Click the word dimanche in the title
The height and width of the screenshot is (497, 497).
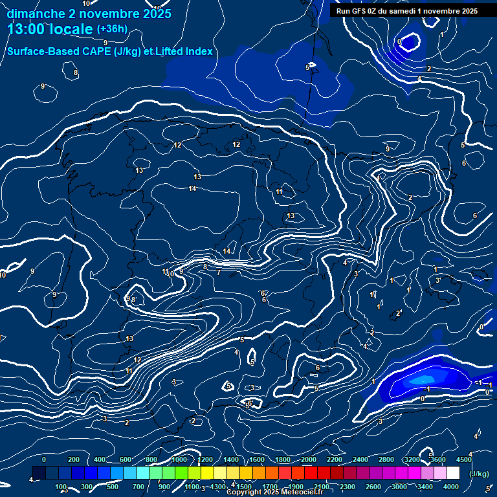coord(35,14)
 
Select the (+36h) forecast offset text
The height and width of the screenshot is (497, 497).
coord(112,29)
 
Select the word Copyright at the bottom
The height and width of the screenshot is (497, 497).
coord(245,492)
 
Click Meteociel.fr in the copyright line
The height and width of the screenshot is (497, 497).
coord(302,492)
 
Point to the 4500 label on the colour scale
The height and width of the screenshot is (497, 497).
coord(464,459)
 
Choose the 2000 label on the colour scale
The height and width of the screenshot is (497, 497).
coord(308,459)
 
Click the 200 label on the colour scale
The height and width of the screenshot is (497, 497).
coord(74,459)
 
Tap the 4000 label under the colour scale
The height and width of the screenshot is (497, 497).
coord(451,487)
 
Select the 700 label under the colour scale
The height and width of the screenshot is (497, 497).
coord(138,487)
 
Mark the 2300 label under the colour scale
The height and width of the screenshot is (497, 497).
coord(347,487)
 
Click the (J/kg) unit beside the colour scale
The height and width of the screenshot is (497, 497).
coord(479,474)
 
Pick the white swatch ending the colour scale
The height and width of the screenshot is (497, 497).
coord(461,474)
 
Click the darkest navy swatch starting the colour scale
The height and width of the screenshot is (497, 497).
coord(39,474)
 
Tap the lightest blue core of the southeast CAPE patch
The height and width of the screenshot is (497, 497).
coord(424,379)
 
